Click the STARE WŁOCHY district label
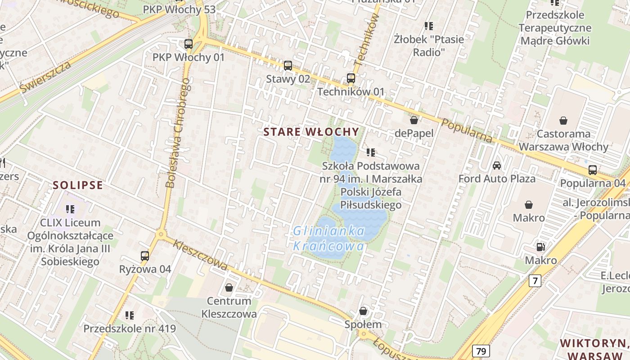pyautogui.click(x=311, y=132)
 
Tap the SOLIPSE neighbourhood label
pyautogui.click(x=78, y=185)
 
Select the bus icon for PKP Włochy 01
pyautogui.click(x=189, y=44)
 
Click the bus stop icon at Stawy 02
pyautogui.click(x=288, y=66)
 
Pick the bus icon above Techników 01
pyautogui.click(x=351, y=78)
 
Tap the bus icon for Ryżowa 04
pyautogui.click(x=145, y=256)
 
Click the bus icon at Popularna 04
pyautogui.click(x=593, y=170)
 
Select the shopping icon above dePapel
pyautogui.click(x=414, y=120)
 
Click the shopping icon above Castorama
pyautogui.click(x=563, y=121)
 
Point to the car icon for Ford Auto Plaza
pyautogui.click(x=497, y=166)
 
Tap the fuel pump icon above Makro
pyautogui.click(x=540, y=247)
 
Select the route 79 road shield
pyautogui.click(x=481, y=351)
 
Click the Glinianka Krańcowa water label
pyautogui.click(x=329, y=238)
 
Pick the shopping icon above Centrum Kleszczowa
pyautogui.click(x=229, y=288)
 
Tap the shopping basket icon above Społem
pyautogui.click(x=363, y=311)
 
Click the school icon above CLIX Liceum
pyautogui.click(x=70, y=209)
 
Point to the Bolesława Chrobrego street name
pyautogui.click(x=178, y=135)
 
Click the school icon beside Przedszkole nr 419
pyautogui.click(x=130, y=315)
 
